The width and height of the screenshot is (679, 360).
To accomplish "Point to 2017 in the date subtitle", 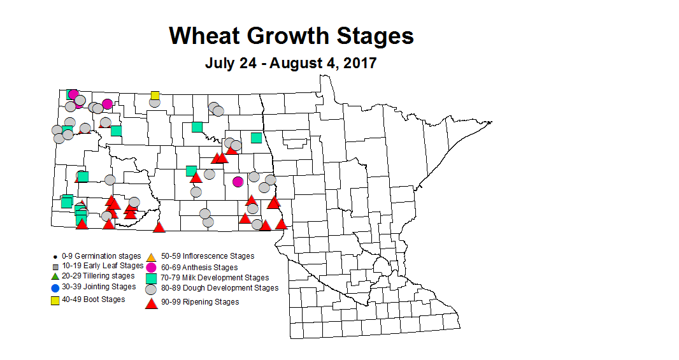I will pyautogui.click(x=360, y=64).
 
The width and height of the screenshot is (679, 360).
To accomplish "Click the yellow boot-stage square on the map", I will pyautogui.click(x=155, y=96).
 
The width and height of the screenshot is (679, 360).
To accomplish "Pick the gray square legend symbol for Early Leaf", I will pyautogui.click(x=55, y=266).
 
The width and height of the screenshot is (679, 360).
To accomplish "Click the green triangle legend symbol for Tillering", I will pyautogui.click(x=55, y=277).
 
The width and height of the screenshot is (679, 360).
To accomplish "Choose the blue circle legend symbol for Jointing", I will pyautogui.click(x=55, y=287).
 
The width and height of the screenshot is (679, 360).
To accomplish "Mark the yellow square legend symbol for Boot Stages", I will pyautogui.click(x=55, y=299).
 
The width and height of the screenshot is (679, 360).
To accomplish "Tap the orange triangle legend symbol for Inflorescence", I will pyautogui.click(x=151, y=256).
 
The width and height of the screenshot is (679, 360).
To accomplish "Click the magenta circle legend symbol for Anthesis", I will pyautogui.click(x=151, y=268).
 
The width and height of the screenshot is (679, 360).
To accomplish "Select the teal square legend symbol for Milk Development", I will pyautogui.click(x=151, y=278).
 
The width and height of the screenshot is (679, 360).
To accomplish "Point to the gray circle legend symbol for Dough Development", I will pyautogui.click(x=151, y=289).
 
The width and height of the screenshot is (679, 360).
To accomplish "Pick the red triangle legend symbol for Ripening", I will pyautogui.click(x=151, y=303).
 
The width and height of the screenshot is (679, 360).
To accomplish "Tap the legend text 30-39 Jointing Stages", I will pyautogui.click(x=99, y=287).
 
